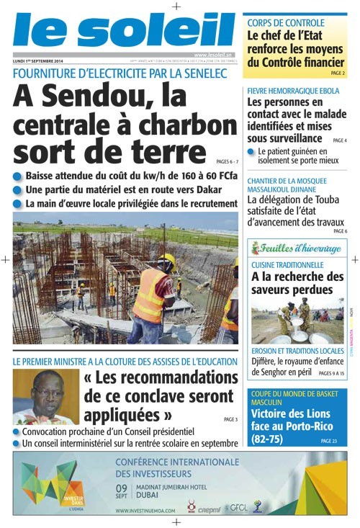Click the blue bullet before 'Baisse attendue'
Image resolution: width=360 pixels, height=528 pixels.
pyautogui.click(x=17, y=176)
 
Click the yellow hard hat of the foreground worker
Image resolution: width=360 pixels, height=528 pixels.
pyautogui.click(x=167, y=260)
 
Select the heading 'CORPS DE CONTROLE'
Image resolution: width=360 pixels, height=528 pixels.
pyautogui.click(x=286, y=23)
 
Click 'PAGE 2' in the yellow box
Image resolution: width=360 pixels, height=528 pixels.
pyautogui.click(x=337, y=73)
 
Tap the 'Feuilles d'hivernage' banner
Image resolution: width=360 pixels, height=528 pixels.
pyautogui.click(x=297, y=249)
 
